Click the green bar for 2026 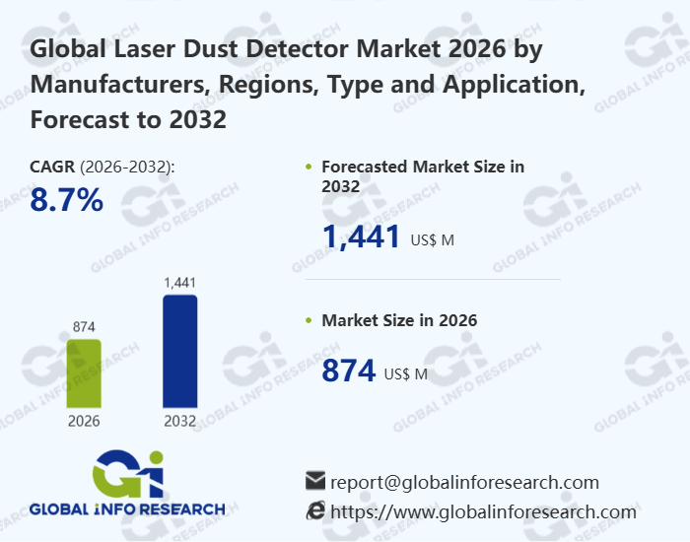[x=84, y=373]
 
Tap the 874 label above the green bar [x=84, y=326]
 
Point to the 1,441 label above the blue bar [x=179, y=283]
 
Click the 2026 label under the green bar [x=84, y=421]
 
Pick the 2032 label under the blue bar [x=179, y=421]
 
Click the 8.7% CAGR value [x=67, y=201]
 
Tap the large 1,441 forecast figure [x=362, y=237]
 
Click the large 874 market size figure [x=350, y=371]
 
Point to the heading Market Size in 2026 [x=399, y=320]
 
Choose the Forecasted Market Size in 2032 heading [x=422, y=175]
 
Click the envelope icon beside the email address [x=315, y=481]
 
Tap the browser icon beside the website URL [x=315, y=510]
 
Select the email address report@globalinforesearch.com [x=464, y=482]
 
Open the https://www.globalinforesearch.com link [x=483, y=511]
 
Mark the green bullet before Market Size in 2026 [x=310, y=321]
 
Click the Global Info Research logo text [x=127, y=509]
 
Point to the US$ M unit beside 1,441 [x=432, y=239]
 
